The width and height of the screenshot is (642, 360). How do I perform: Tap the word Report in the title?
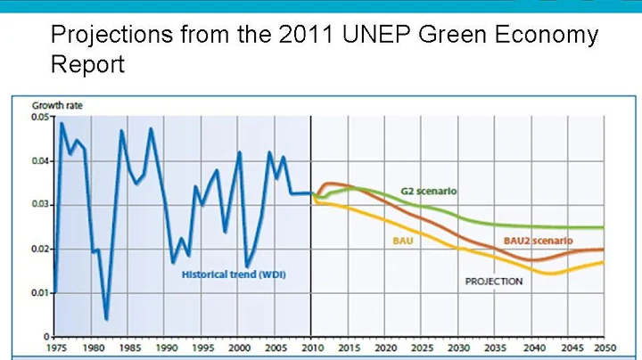87,65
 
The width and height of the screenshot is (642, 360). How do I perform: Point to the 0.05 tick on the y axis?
43,118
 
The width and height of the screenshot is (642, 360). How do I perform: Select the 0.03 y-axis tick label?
43,205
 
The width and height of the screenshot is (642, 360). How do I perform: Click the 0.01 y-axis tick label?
43,292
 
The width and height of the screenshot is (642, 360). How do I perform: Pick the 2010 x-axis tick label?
311,348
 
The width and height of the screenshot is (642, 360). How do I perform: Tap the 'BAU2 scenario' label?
538,241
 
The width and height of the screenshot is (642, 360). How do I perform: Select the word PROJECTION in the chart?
493,282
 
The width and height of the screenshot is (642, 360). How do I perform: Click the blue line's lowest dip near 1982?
106,318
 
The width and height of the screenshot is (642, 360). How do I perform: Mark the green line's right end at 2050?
604,228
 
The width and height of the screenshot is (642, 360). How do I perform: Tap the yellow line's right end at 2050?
604,262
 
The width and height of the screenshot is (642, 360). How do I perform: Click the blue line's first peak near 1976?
62,123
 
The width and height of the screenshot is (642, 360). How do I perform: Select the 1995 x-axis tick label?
202,348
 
